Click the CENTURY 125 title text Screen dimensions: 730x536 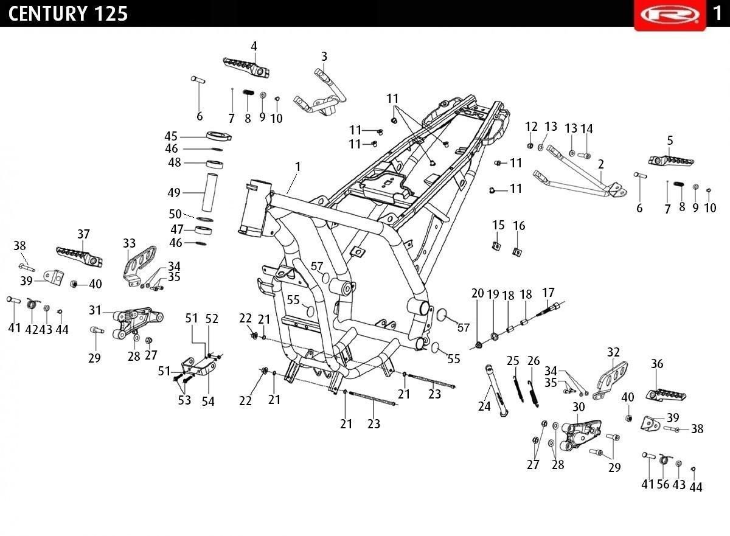[x=68, y=13]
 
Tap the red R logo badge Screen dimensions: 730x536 [x=670, y=15]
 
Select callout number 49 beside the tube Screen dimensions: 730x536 [x=174, y=193]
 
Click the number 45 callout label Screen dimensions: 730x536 [x=171, y=136]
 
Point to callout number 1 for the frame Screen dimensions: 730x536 [x=298, y=167]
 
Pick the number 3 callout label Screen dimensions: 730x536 [x=324, y=57]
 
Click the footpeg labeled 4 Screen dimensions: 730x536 [x=246, y=68]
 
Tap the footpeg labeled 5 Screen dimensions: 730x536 [x=670, y=161]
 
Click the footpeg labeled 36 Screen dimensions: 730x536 [x=666, y=395]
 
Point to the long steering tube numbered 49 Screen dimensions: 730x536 [x=209, y=192]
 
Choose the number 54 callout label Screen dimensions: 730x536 [x=208, y=402]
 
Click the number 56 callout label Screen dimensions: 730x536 [x=663, y=484]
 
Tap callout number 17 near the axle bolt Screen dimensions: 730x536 [x=548, y=292]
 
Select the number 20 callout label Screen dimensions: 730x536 [x=478, y=293]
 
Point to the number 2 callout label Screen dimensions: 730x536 [x=601, y=164]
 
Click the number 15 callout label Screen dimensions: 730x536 [x=498, y=225]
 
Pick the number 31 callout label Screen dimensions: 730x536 [x=95, y=310]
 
